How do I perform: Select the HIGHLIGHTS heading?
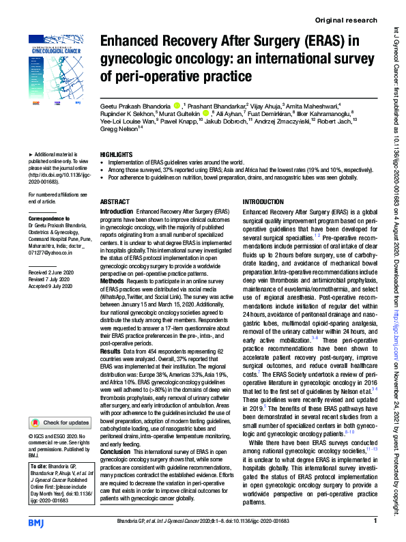pos(115,155)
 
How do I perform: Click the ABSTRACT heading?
pos(114,202)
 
